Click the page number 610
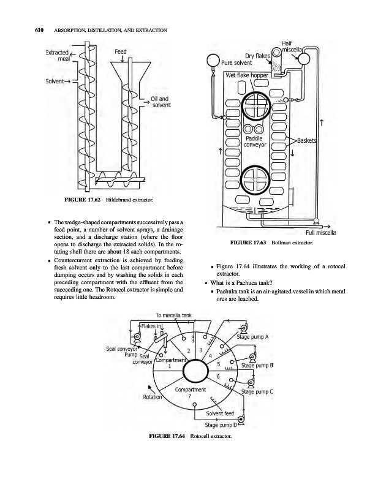point(29,31)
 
